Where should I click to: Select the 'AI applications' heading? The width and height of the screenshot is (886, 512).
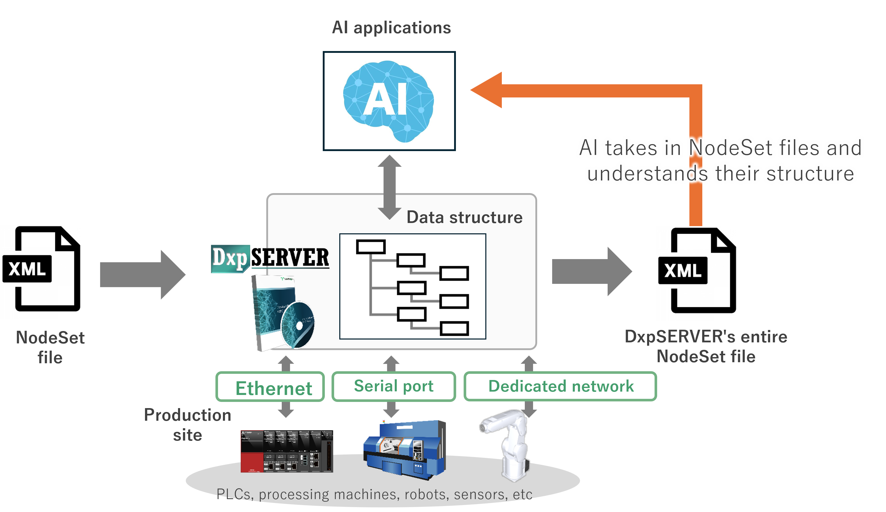391,27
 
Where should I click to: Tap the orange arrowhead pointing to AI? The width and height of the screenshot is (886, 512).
487,90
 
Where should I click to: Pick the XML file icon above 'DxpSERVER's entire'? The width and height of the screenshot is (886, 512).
696,273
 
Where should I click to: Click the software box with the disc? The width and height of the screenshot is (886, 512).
283,313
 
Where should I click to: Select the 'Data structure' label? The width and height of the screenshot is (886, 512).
464,217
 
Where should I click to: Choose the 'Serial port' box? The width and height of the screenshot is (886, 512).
393,386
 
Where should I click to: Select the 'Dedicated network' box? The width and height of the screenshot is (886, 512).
560,386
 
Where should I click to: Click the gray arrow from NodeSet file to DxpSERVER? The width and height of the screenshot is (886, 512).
142,275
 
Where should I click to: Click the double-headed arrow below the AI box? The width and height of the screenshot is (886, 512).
389,187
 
